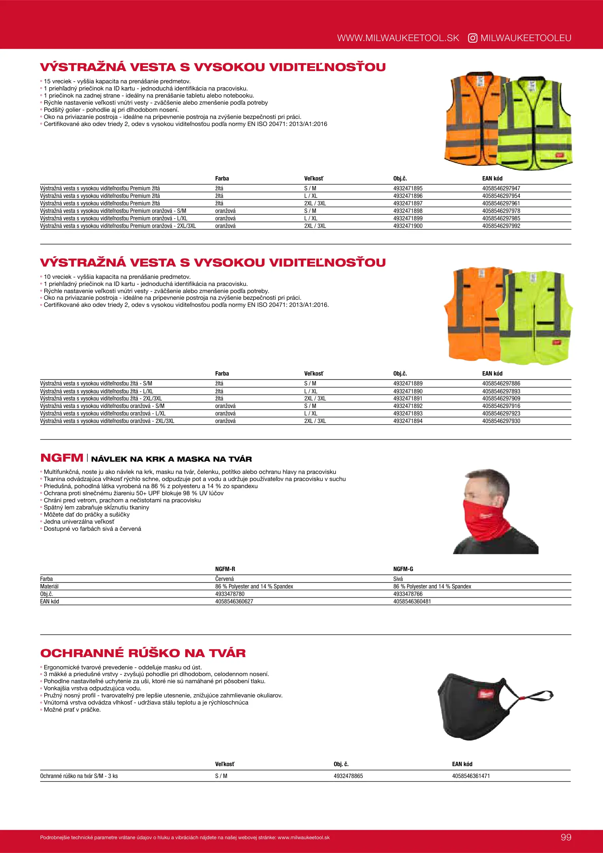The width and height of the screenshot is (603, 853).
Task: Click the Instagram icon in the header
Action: pyautogui.click(x=472, y=38)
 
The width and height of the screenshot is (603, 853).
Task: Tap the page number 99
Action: pyautogui.click(x=566, y=837)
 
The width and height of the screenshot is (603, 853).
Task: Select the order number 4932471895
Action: pyautogui.click(x=408, y=188)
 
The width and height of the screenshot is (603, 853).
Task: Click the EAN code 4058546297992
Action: pyautogui.click(x=501, y=226)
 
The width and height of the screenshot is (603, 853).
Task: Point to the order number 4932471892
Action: pyautogui.click(x=408, y=406)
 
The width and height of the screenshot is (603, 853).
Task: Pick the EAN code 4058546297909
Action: pyautogui.click(x=501, y=398)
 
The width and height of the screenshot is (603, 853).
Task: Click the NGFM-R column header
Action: pyautogui.click(x=225, y=569)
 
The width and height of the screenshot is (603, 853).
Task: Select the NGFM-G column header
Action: pyautogui.click(x=403, y=569)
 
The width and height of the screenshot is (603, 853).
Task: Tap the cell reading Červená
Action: pyautogui.click(x=224, y=579)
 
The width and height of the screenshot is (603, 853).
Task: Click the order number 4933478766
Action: pyautogui.click(x=408, y=594)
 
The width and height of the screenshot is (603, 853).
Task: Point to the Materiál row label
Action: pyautogui.click(x=49, y=586)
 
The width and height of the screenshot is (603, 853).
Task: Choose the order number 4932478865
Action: pyautogui.click(x=348, y=776)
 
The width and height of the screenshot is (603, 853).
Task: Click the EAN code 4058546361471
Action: pyautogui.click(x=471, y=776)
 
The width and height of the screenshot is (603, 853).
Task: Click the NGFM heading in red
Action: pyautogui.click(x=62, y=458)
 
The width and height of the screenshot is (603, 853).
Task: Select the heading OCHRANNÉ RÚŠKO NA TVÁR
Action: pyautogui.click(x=143, y=653)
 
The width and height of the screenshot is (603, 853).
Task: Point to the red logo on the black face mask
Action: pyautogui.click(x=484, y=694)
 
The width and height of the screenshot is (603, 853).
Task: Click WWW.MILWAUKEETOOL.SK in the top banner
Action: pyautogui.click(x=398, y=38)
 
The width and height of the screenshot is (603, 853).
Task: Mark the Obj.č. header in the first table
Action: pyautogui.click(x=400, y=178)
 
